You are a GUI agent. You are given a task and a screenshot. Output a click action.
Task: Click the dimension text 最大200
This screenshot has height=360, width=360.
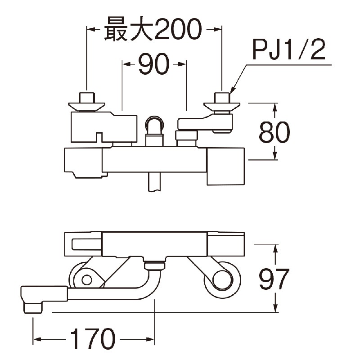click(152, 29)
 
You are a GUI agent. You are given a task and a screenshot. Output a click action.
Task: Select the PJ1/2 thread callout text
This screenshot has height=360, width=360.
click(288, 50)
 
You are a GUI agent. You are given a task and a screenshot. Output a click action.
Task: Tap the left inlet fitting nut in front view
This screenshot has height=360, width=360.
click(86, 98)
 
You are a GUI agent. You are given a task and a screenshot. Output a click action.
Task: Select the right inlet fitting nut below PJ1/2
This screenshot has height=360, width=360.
click(221, 98)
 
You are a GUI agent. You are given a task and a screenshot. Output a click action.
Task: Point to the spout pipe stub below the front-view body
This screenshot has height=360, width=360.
click(154, 182)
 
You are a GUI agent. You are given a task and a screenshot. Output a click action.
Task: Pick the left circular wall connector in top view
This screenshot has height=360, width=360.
click(86, 279)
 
